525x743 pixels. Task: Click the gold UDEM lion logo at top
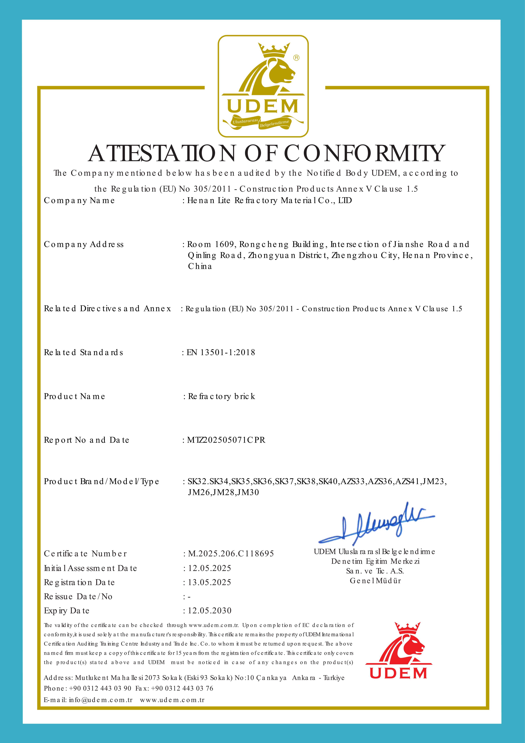tap(263, 86)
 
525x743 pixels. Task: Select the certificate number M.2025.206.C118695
tap(231, 554)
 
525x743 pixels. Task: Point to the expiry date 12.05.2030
tap(209, 611)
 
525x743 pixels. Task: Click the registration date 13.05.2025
tap(209, 583)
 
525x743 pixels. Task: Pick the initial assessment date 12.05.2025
tap(209, 568)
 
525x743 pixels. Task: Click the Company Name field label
tap(79, 201)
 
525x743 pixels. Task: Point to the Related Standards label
tap(83, 352)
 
